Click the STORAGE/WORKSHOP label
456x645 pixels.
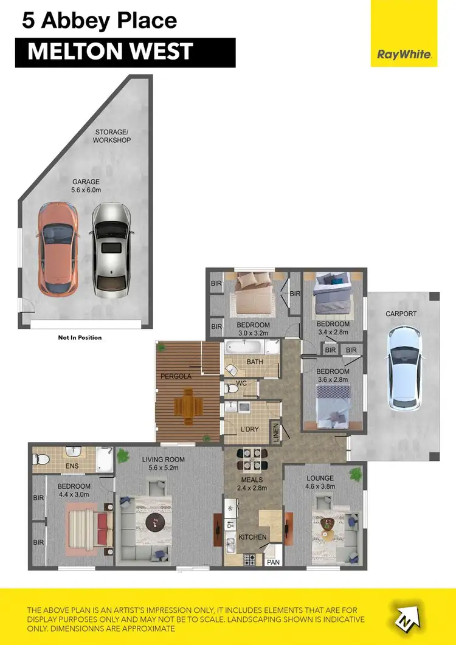(112, 136)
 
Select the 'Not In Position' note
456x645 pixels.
(80, 337)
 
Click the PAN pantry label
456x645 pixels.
(274, 562)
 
